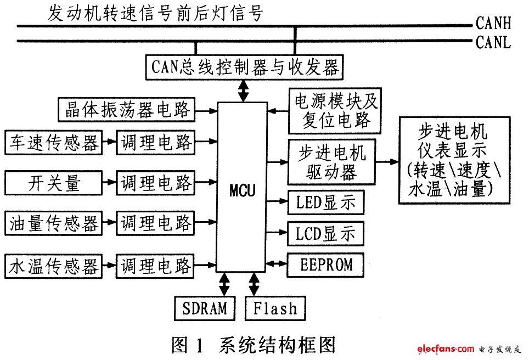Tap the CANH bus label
pos(493,23)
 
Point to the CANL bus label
pos(493,42)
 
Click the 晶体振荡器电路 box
pos(127,110)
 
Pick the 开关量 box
pos(53,182)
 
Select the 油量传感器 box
pos(53,223)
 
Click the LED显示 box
pos(325,203)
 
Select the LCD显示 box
pos(325,234)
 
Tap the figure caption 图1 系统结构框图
pos(253,345)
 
